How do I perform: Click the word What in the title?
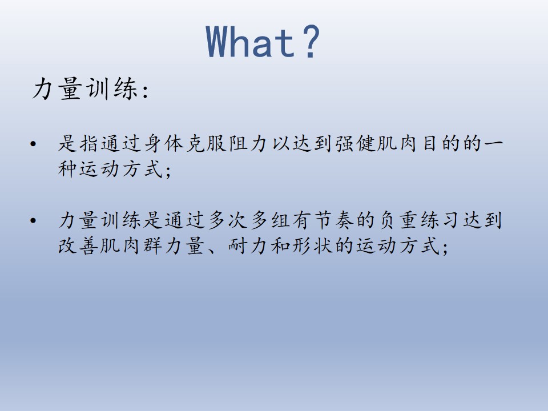[251, 42]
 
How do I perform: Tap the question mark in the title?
[311, 41]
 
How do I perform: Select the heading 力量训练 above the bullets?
[84, 89]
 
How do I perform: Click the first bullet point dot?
[33, 144]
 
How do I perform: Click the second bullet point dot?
[33, 220]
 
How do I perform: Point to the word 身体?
[164, 144]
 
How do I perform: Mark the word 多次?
[228, 220]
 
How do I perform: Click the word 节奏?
[335, 220]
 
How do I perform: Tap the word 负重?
[399, 220]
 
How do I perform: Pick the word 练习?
[441, 220]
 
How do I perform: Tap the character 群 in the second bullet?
[154, 245]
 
